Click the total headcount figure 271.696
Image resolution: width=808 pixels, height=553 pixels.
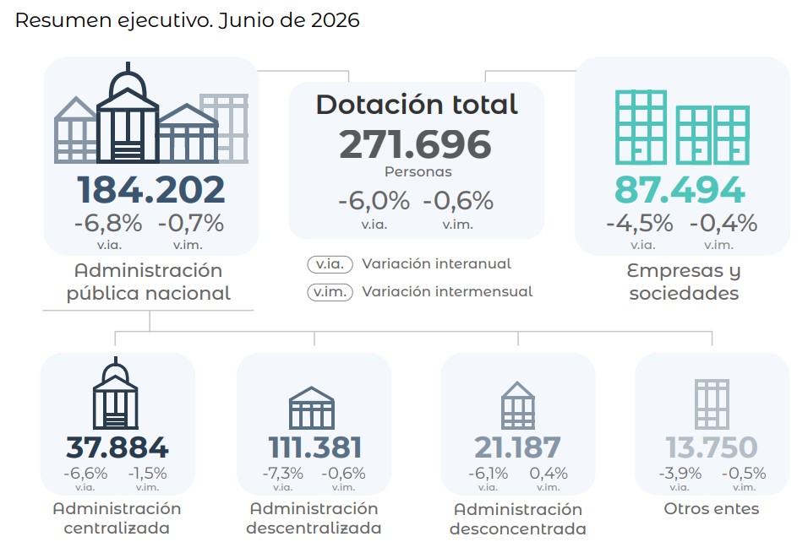point(415,144)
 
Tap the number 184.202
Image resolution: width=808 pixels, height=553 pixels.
point(151,189)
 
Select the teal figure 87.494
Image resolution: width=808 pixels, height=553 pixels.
point(680,189)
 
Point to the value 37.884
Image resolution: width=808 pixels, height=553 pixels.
point(117,447)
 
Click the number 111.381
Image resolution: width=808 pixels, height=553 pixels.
point(315,447)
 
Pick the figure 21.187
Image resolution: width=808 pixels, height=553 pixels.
point(517,447)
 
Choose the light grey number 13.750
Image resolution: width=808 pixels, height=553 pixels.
point(712,447)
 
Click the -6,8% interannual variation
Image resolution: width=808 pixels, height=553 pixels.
point(108,224)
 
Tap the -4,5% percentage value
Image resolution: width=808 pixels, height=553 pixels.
point(640,224)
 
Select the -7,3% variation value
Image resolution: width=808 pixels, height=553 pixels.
point(283,473)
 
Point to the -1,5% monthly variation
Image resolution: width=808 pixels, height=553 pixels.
point(147,473)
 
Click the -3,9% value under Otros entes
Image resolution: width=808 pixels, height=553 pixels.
point(680,473)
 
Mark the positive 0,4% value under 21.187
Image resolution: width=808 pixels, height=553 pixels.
point(549,473)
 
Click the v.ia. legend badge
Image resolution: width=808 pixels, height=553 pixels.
point(330,264)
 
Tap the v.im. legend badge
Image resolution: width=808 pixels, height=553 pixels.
point(330,292)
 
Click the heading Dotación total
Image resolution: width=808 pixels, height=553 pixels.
point(417,105)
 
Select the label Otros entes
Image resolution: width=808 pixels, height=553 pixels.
point(712,509)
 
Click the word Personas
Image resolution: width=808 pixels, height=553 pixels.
point(418,172)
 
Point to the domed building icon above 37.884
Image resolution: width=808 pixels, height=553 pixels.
point(116,393)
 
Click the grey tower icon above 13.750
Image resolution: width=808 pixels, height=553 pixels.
point(712,404)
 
